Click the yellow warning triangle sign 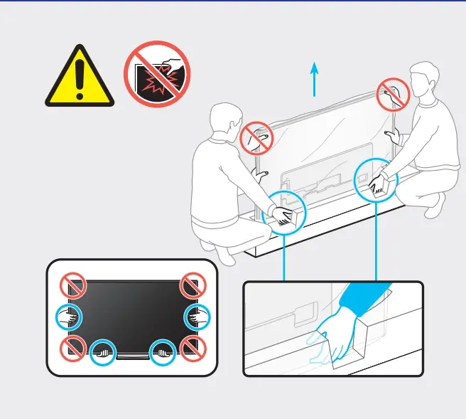80,79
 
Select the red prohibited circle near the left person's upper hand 256,137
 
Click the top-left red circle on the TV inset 73,287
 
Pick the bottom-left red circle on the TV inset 73,348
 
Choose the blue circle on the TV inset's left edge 69,317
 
